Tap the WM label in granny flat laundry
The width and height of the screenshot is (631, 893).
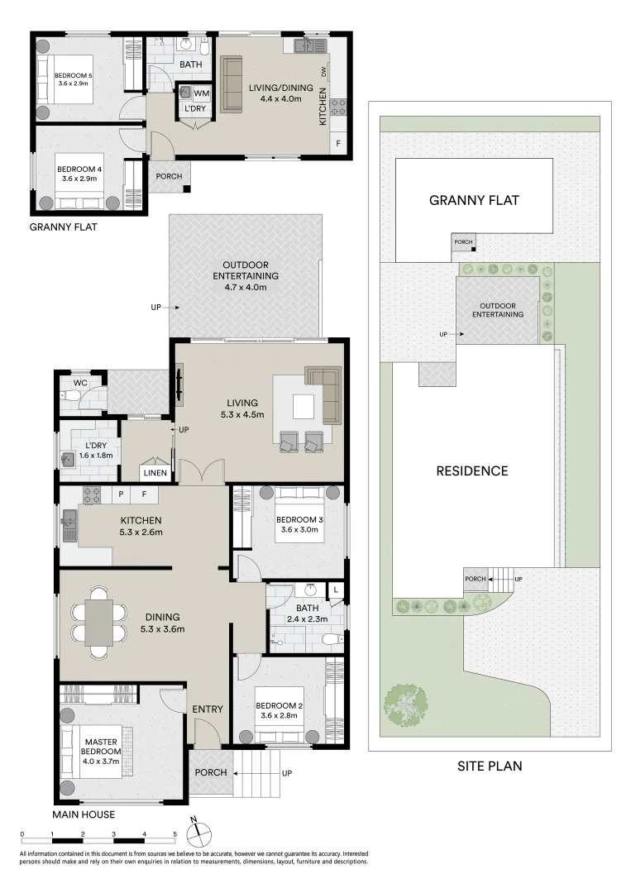[201, 93]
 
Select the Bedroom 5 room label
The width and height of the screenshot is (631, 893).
[70, 75]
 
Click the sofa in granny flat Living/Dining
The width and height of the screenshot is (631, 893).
[232, 84]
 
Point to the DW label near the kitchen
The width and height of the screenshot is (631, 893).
[324, 72]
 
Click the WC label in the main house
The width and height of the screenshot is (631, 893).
[80, 383]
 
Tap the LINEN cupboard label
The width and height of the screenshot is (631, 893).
[155, 473]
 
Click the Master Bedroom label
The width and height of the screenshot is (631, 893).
[101, 747]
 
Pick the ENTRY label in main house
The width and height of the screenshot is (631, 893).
[208, 709]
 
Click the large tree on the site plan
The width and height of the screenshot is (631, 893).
[405, 705]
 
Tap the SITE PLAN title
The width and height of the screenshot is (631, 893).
[490, 766]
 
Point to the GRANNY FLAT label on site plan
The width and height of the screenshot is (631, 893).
[474, 200]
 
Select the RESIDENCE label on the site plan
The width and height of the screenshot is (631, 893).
[472, 471]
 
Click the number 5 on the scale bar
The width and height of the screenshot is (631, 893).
[174, 835]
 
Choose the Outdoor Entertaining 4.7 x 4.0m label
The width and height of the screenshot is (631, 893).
[246, 275]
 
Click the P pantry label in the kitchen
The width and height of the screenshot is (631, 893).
[121, 494]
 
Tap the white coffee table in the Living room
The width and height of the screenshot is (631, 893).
[303, 407]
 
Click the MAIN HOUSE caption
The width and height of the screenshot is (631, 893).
[84, 814]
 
